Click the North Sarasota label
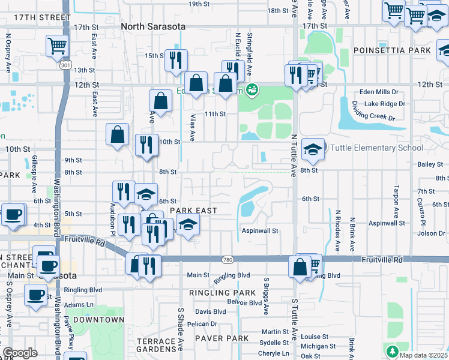(x=153, y=26)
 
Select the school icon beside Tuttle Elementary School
(x=313, y=150)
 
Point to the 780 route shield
(x=226, y=259)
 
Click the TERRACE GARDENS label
(x=156, y=345)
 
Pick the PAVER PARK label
(x=225, y=338)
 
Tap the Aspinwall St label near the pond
(x=261, y=230)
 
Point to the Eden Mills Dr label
(x=378, y=92)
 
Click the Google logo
(x=20, y=353)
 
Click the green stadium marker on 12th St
(x=253, y=90)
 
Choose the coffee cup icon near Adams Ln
(x=36, y=295)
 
